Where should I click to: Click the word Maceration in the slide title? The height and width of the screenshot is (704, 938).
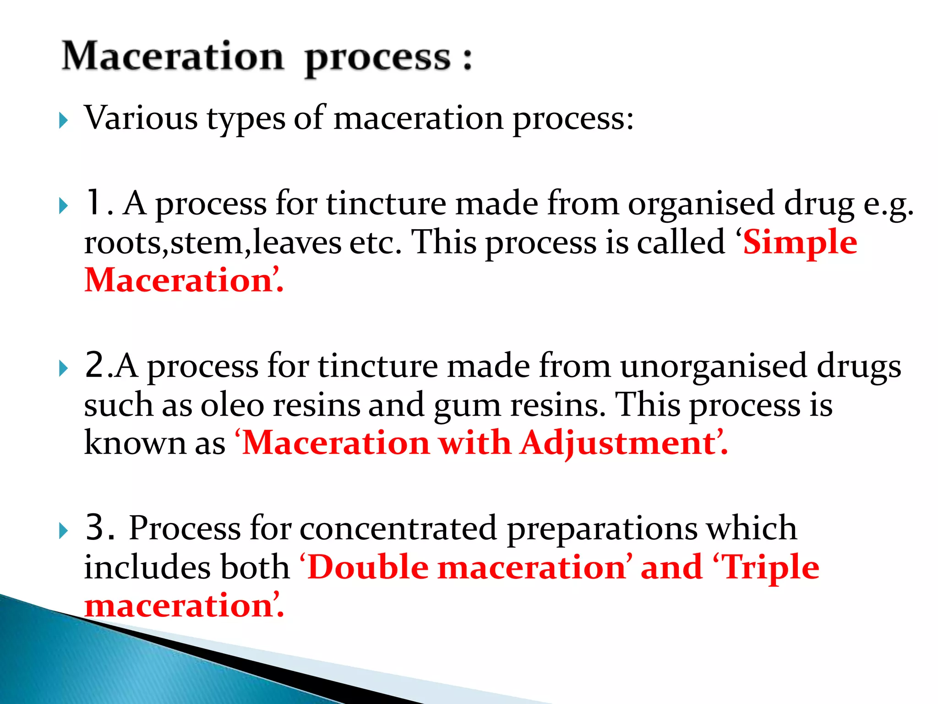[x=173, y=56]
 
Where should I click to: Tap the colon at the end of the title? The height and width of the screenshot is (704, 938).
[x=467, y=60]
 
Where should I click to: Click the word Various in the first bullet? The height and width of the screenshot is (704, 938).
[x=141, y=118]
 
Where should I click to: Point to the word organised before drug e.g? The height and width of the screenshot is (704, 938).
[x=701, y=204]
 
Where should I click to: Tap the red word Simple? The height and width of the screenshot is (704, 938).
[x=800, y=243]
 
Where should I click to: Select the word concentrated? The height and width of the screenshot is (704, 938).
[x=398, y=528]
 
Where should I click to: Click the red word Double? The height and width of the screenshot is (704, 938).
[x=368, y=567]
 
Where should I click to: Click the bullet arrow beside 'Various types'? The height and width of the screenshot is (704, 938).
[x=64, y=121]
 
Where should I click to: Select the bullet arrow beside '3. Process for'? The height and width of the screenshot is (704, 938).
[x=64, y=531]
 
